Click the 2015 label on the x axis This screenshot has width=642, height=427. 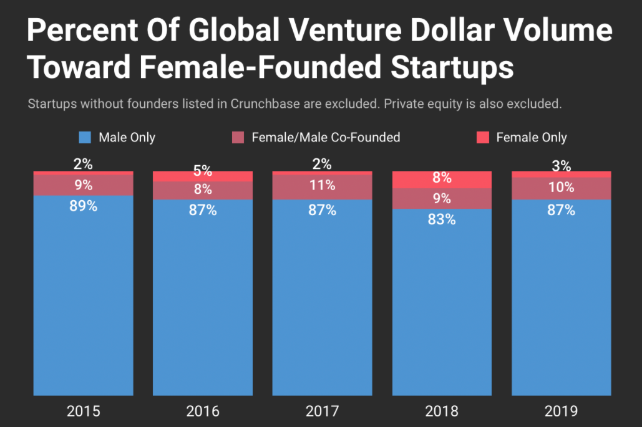click(83, 411)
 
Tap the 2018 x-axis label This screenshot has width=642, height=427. click(442, 411)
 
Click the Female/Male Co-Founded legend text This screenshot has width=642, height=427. click(326, 138)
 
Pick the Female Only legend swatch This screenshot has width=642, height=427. click(483, 138)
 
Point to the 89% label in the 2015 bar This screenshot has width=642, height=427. click(83, 206)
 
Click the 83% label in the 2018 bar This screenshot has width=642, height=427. click(442, 219)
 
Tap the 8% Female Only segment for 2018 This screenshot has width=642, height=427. click(442, 179)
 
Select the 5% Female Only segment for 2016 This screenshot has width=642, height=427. click(203, 176)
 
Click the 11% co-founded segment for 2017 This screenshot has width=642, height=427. click(323, 186)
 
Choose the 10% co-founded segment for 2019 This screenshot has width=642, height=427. click(562, 188)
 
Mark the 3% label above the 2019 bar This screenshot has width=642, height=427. click(562, 165)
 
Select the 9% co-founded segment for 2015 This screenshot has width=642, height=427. click(83, 185)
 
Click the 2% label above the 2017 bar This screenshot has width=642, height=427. click(323, 164)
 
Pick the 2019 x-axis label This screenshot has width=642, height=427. click(562, 411)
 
